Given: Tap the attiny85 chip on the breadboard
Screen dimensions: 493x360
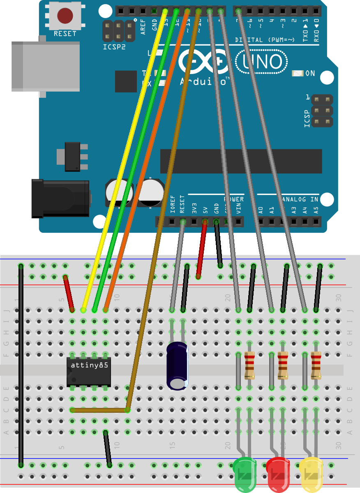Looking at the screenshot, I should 89,371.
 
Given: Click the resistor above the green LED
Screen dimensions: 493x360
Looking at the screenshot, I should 249,365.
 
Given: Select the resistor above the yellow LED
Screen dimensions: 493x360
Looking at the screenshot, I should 316,365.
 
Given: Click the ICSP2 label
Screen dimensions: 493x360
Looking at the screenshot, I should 114,47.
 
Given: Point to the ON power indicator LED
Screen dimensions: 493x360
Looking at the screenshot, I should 297,74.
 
